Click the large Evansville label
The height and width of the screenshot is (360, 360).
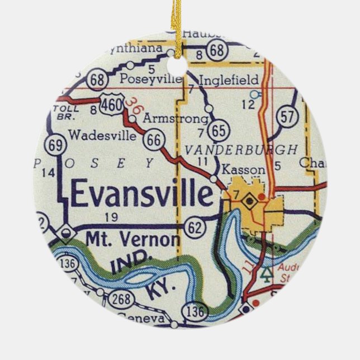[141, 195]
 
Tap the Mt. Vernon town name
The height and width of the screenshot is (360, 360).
[133, 239]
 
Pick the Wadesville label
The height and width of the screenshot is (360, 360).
[93, 135]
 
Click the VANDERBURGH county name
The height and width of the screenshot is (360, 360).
[240, 149]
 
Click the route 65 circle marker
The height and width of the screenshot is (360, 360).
[218, 131]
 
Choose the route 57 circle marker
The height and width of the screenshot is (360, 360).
[287, 117]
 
